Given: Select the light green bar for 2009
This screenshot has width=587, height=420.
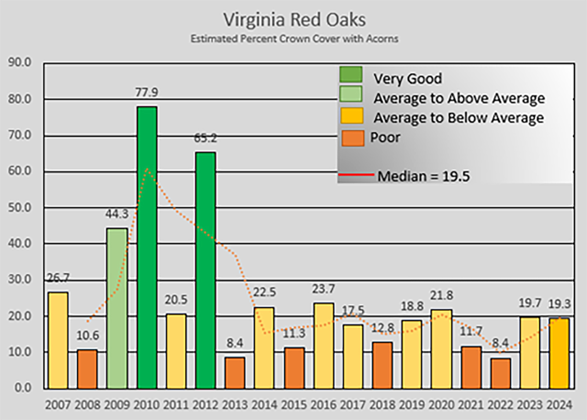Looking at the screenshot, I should click(x=117, y=308).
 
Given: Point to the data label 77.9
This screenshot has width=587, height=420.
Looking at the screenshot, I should click(x=147, y=92).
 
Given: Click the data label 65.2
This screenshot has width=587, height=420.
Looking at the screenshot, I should click(x=205, y=138).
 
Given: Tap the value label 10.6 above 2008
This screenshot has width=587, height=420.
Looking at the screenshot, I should click(x=88, y=335).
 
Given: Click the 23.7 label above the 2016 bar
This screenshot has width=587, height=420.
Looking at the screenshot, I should click(x=323, y=289).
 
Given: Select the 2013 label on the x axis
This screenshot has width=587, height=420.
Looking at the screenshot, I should click(x=235, y=405).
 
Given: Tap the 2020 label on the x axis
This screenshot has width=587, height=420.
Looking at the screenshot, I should click(x=441, y=405).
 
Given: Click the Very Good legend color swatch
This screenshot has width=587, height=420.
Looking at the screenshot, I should click(x=351, y=75).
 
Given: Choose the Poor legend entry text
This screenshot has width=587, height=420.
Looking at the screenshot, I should click(x=385, y=137).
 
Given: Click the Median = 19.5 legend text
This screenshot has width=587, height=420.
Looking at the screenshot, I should click(x=423, y=177).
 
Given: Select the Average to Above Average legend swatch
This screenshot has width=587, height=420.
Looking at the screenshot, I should click(x=351, y=95).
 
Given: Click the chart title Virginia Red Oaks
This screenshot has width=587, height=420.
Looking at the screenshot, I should click(x=295, y=20).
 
